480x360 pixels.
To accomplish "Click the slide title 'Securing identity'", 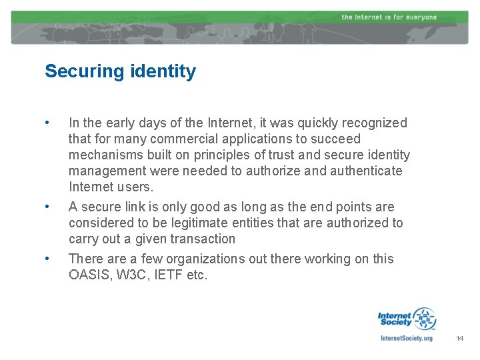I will tap(120, 71).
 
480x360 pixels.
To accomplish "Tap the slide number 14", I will tap(459, 339).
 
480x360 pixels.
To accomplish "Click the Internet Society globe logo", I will tap(423, 319).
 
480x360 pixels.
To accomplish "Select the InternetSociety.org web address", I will tap(406, 339).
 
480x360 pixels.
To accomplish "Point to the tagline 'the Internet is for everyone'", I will tap(389, 17).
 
